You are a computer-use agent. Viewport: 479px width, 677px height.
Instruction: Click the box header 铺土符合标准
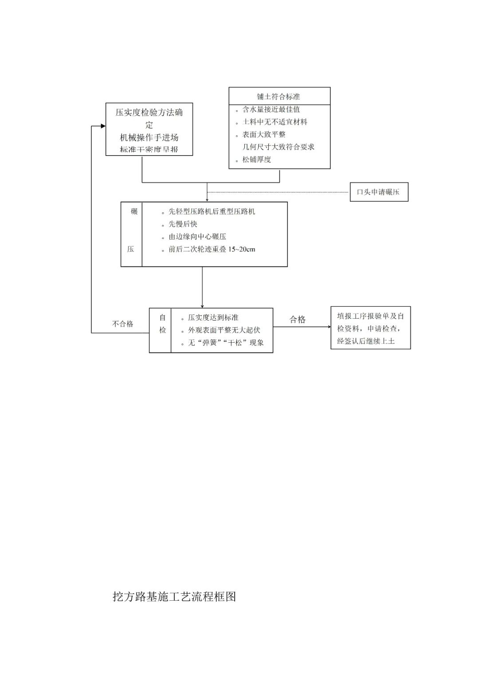pos(279,97)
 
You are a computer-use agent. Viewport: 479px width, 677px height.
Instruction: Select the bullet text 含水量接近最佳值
pos(271,110)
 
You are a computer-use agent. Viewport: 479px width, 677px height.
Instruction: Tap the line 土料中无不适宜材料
pos(275,122)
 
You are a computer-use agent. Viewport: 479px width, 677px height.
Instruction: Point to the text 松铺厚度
pos(256,160)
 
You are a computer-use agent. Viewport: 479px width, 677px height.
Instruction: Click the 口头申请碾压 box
pos(379,192)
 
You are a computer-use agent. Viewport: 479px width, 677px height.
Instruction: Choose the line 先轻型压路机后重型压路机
pos(212,211)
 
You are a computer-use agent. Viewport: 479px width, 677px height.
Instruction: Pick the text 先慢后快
pos(183,224)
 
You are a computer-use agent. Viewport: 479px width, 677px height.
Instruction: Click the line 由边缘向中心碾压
pos(197,237)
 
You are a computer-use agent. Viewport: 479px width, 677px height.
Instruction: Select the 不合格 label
pos(123,324)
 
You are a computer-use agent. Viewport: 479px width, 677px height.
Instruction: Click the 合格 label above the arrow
pos(298,320)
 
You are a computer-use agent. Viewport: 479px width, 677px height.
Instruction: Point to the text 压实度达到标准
pos(213,318)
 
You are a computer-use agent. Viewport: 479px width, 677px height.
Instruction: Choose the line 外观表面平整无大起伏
pos(224,330)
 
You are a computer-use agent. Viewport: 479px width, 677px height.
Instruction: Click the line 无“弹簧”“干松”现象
pos(226,343)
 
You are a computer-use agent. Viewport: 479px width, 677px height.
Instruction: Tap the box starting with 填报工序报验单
pos(370,328)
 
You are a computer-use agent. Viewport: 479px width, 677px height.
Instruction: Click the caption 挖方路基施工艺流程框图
pos(174,597)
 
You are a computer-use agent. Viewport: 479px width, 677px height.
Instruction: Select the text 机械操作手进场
pos(149,137)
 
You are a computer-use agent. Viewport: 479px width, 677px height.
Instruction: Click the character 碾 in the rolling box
pos(134,211)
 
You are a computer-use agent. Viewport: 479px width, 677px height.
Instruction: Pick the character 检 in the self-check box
pos(163,330)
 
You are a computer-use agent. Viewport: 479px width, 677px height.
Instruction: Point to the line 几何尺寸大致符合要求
pos(278,147)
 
